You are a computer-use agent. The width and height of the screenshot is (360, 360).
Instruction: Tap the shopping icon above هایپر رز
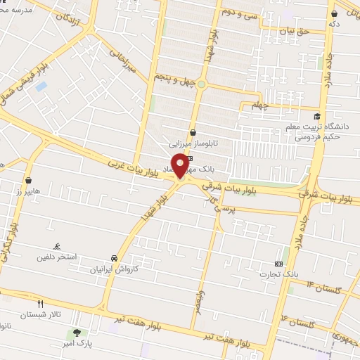pos(28,180)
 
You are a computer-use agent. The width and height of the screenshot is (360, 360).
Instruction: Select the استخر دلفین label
pos(57,257)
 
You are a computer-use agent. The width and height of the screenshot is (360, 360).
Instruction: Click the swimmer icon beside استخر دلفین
pos(57,246)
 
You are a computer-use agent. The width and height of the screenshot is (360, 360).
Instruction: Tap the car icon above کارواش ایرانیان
pos(115,258)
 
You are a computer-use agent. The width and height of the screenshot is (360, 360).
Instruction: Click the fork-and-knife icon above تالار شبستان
pos(40,304)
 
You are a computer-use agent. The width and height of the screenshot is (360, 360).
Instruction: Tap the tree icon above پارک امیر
pos(76,332)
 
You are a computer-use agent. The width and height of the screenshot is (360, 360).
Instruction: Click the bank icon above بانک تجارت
pos(279,263)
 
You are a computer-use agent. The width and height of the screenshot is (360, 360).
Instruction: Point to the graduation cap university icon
pos(317,117)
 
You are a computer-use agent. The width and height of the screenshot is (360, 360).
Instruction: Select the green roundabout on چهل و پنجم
pos(201,84)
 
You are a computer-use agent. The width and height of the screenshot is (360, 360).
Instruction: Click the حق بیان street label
pos(294,31)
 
